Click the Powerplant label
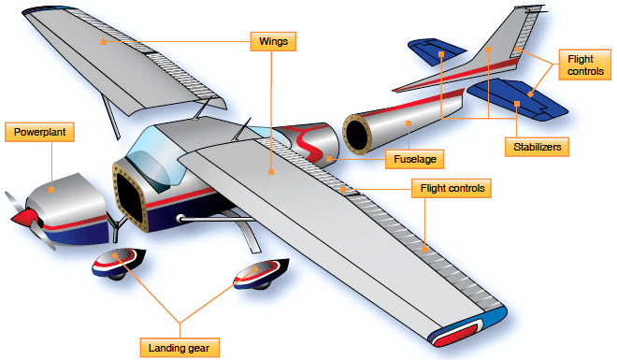40,132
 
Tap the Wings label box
274,42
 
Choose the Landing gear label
180,347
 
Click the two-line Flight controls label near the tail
581,65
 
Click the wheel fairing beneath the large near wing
256,277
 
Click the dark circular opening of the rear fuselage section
359,134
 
